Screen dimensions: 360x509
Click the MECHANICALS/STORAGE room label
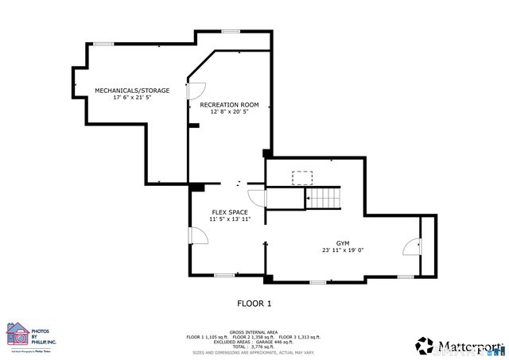(x=133, y=91)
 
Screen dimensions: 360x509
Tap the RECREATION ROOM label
(x=230, y=105)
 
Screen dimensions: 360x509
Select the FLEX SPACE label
(x=230, y=212)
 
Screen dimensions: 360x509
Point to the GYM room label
(x=343, y=242)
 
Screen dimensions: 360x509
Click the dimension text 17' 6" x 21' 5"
(x=133, y=98)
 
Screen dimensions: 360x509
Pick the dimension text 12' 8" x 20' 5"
(x=230, y=112)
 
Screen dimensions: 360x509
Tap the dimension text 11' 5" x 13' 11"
(x=230, y=219)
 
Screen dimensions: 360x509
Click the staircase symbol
(x=324, y=199)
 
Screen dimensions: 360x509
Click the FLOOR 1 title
(x=254, y=303)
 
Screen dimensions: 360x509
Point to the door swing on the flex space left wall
(x=196, y=236)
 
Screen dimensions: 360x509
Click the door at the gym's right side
(x=413, y=247)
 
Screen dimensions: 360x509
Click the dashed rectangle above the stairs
(x=302, y=177)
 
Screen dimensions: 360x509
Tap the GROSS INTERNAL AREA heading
(x=253, y=332)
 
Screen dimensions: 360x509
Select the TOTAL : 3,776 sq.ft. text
(x=253, y=346)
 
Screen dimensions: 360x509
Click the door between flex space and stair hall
(x=256, y=199)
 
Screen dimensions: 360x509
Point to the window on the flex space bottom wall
(x=224, y=276)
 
